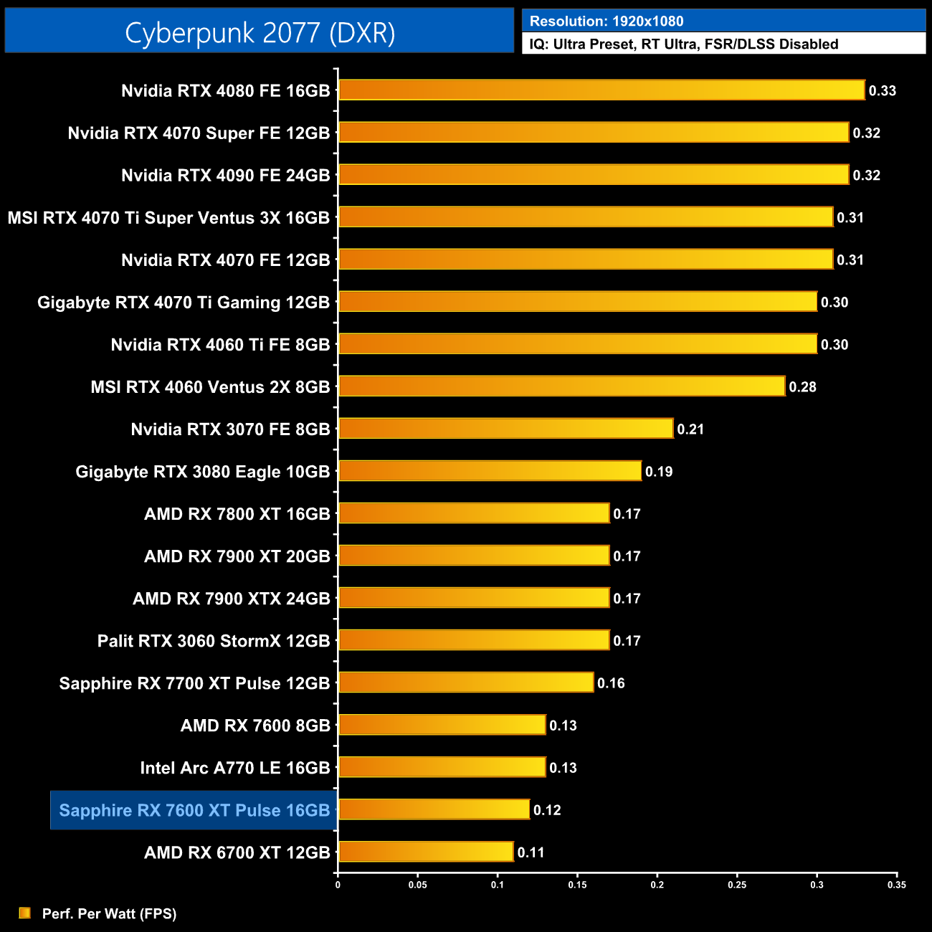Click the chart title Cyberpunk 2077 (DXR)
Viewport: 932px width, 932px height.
(260, 32)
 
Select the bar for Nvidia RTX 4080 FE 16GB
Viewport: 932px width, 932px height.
(601, 90)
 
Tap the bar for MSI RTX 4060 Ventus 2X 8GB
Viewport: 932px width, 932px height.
(561, 386)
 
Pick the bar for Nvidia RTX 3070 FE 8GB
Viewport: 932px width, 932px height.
(505, 429)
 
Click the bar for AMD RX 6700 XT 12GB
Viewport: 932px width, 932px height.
(426, 852)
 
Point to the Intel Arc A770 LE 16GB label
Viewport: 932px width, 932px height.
(234, 768)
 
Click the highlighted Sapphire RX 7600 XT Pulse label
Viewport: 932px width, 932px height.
(194, 810)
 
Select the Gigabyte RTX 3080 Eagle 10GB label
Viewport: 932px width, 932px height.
(202, 472)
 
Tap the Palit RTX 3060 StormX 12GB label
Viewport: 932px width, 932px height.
(213, 641)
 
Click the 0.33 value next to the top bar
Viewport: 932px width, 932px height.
(883, 91)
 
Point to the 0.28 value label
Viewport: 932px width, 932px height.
(802, 387)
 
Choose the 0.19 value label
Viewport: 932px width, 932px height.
(659, 472)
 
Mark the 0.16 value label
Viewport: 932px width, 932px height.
(611, 683)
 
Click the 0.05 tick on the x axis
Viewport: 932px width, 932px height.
(418, 885)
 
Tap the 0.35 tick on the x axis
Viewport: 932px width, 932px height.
(897, 885)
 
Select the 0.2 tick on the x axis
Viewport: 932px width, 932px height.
(657, 885)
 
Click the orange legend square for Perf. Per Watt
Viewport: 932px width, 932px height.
(25, 913)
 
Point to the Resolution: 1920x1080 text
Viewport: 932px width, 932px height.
(607, 22)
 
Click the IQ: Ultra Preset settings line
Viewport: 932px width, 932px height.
(683, 44)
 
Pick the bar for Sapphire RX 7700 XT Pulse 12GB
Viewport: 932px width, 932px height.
(466, 683)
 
